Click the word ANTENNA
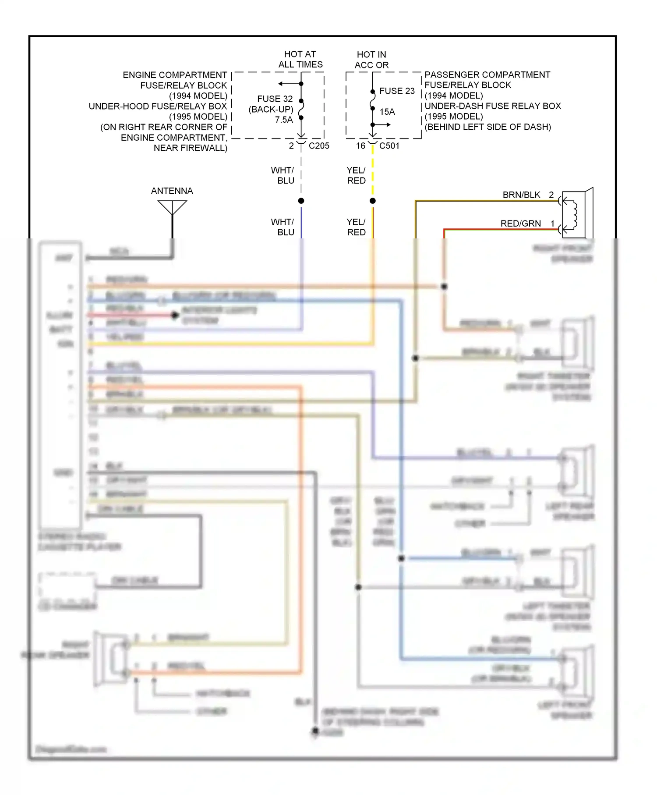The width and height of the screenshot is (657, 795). [172, 191]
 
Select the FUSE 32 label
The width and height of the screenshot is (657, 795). [275, 99]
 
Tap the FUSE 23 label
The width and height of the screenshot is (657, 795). [397, 91]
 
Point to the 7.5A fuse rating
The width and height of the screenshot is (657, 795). [284, 120]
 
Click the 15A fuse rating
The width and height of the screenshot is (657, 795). [387, 112]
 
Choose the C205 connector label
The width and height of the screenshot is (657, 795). [319, 146]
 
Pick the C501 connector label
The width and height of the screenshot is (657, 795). [389, 146]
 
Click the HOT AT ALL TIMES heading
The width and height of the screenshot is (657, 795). [300, 60]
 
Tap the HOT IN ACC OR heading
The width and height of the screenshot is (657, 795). [371, 60]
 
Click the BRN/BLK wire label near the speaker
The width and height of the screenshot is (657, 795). [521, 195]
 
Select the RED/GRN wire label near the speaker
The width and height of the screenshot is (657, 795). [520, 224]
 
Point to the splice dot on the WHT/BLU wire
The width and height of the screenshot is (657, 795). [301, 201]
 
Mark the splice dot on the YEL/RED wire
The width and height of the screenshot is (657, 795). [373, 201]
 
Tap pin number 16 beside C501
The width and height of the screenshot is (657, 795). [360, 146]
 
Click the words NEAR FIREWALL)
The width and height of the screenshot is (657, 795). [191, 148]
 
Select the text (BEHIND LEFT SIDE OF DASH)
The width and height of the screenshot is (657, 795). [487, 127]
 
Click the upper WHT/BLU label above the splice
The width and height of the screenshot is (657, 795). [283, 175]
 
